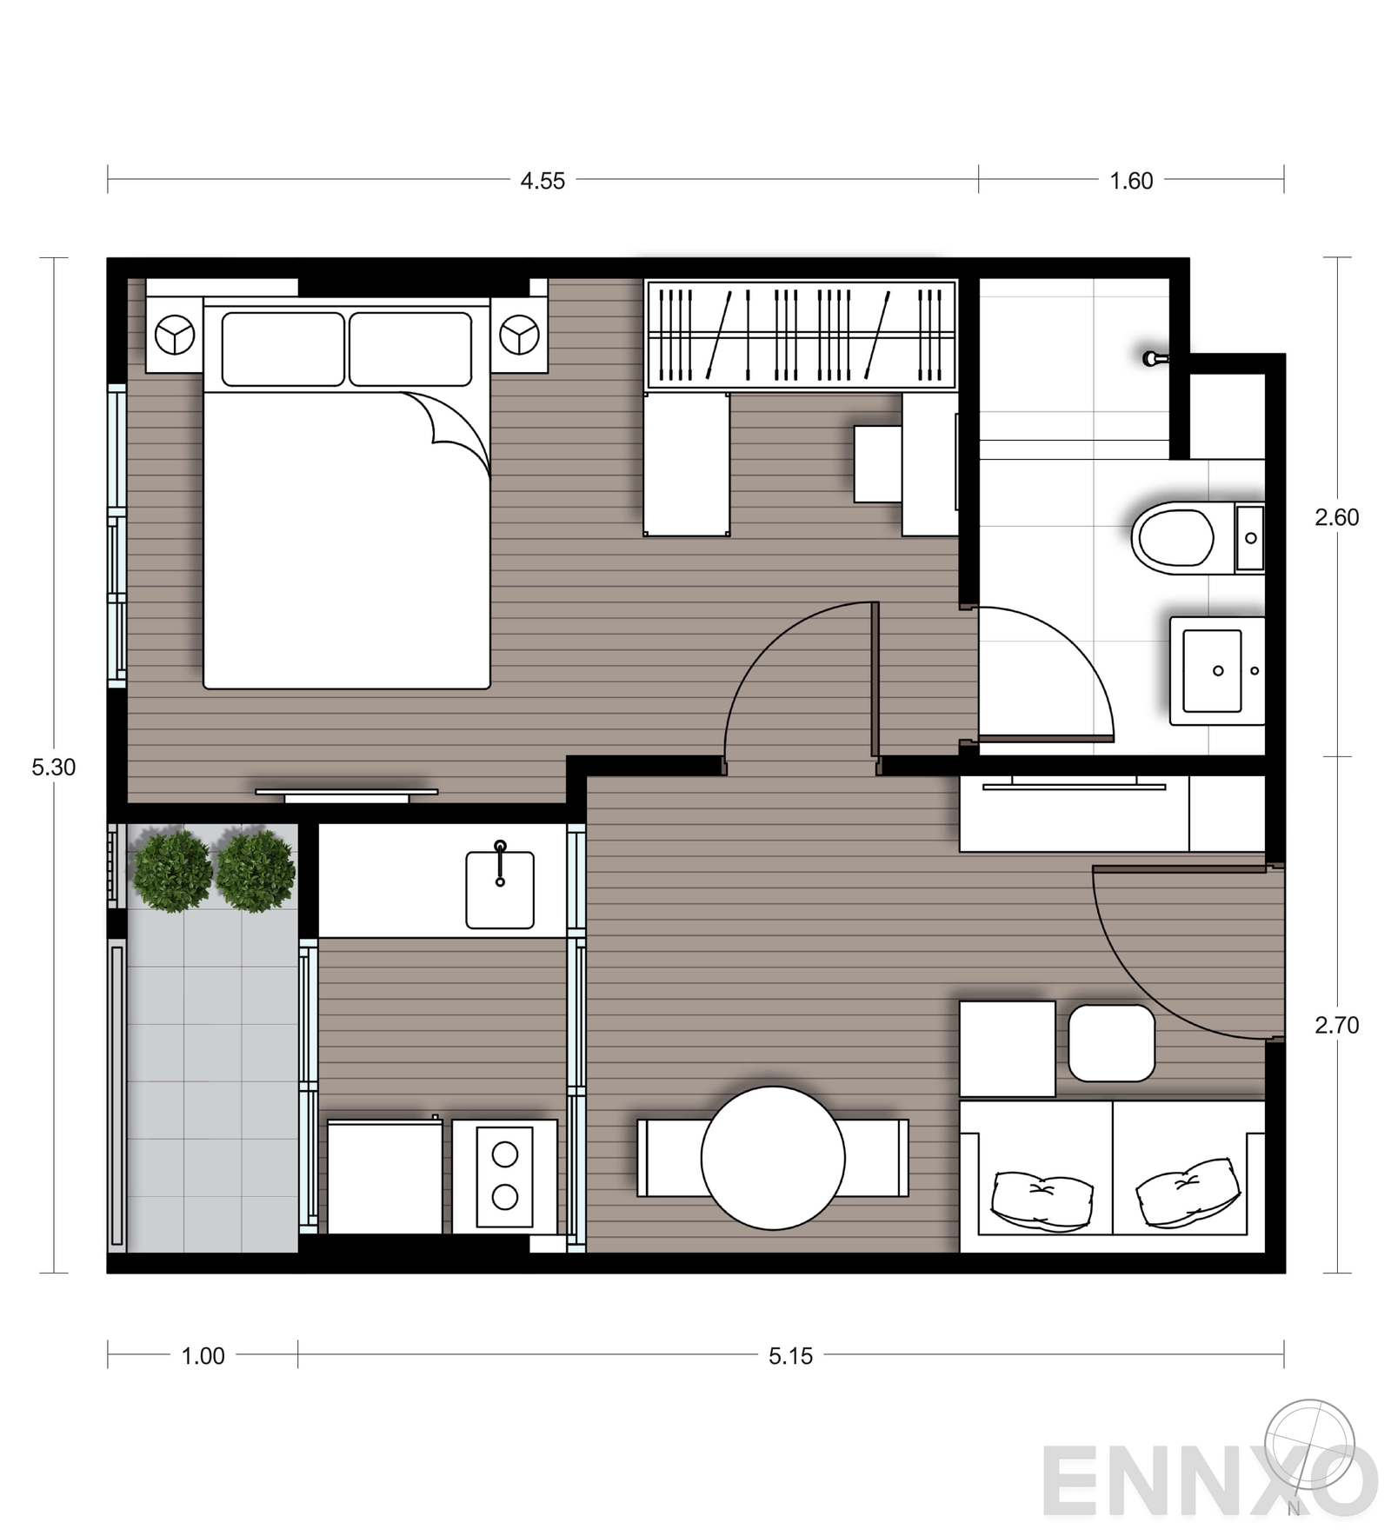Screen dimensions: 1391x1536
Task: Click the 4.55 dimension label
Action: [542, 181]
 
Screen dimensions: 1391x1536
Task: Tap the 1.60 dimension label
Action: [1131, 181]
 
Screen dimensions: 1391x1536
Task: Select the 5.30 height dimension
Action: [54, 767]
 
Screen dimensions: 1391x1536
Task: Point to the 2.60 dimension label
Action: [1336, 517]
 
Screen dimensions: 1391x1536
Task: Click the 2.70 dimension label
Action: [1336, 1025]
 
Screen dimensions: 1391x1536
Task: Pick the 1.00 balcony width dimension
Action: [203, 1355]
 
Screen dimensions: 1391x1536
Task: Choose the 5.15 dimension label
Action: [790, 1355]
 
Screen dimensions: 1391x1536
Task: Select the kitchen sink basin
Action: [500, 889]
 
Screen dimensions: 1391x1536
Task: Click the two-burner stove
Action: [505, 1176]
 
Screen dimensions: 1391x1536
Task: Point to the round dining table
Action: [773, 1158]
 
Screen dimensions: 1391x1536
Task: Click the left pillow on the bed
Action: [283, 349]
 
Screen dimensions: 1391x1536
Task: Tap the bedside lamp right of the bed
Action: [519, 335]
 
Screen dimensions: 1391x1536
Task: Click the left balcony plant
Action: [173, 870]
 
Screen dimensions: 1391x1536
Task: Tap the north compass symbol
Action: [1309, 1448]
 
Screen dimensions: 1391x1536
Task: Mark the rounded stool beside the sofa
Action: [1111, 1043]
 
